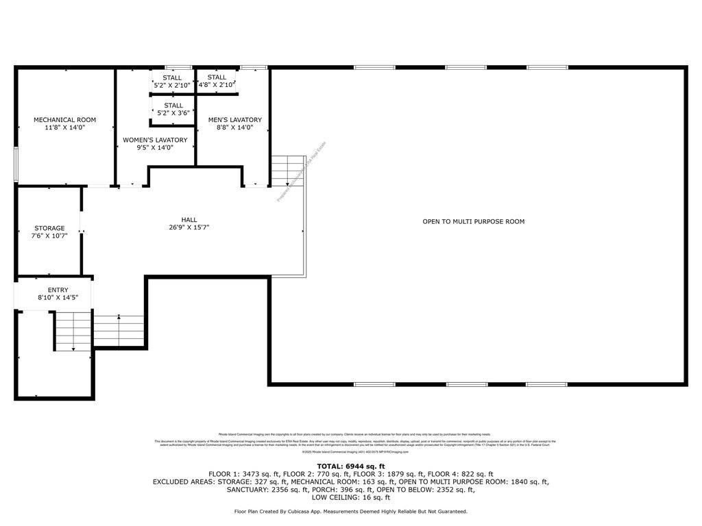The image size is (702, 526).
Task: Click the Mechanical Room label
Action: (65, 120)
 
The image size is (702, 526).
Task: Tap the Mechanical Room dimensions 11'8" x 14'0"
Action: (65, 127)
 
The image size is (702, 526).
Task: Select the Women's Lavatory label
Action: (155, 140)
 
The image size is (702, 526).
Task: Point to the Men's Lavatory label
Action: (235, 120)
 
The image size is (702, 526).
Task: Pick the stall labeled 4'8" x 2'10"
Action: (217, 82)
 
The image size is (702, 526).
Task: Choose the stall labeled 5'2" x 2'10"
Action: (172, 82)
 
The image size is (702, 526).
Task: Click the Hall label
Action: (189, 220)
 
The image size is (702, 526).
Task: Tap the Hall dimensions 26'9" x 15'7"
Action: (189, 227)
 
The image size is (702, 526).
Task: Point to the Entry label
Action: (58, 290)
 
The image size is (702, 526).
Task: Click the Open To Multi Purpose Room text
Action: (474, 221)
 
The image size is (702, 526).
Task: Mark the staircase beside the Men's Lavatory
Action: (287, 171)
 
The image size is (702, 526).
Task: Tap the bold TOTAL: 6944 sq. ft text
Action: (351, 466)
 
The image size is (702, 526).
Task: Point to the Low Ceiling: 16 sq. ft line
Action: (351, 497)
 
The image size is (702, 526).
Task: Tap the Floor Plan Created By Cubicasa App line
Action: (351, 512)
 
